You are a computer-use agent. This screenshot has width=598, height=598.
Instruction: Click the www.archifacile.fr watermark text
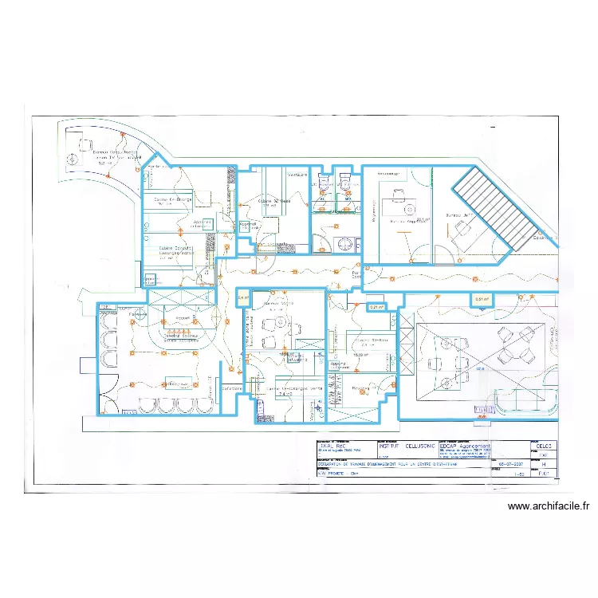coord(548,506)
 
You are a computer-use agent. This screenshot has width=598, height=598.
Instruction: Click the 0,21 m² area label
coord(376,306)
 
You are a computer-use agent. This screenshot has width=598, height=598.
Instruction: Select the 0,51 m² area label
coord(481,298)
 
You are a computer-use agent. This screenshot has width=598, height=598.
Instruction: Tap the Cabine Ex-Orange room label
coord(173,199)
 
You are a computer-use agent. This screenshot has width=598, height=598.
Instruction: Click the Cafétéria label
coord(138,313)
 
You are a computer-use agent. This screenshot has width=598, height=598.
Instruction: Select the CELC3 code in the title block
coord(545,446)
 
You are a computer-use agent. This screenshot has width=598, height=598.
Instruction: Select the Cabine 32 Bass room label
coord(273,201)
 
